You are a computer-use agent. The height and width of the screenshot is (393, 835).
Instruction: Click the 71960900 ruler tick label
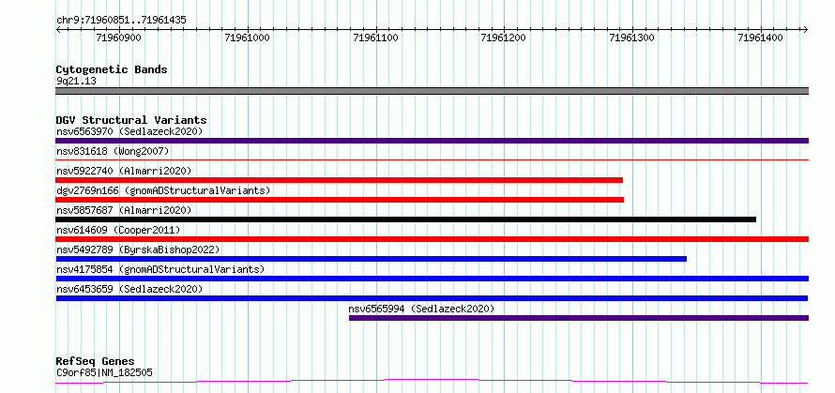(119, 38)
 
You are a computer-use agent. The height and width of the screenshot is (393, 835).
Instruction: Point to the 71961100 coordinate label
(376, 38)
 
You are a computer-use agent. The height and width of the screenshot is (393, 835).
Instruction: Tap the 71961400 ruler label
(761, 38)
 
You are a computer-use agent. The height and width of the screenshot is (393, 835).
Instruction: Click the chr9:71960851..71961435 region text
(121, 21)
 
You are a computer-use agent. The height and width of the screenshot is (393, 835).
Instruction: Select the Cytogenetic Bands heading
(112, 69)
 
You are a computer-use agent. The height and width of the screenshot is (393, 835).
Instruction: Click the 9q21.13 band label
(76, 82)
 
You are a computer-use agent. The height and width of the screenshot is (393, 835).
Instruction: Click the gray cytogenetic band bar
(432, 91)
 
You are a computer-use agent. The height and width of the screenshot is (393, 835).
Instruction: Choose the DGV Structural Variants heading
(131, 120)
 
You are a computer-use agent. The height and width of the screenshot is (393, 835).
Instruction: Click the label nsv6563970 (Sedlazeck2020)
(129, 131)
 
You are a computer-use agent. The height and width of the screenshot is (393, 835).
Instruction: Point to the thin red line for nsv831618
(432, 159)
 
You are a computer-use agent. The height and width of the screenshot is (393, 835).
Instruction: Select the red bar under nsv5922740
(340, 180)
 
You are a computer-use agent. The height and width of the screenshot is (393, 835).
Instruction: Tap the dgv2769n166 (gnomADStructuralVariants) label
(163, 190)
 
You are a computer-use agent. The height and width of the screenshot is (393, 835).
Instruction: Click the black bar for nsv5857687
(406, 219)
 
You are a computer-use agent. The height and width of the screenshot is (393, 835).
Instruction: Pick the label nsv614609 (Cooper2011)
(118, 230)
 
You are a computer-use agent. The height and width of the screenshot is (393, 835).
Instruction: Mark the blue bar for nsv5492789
(372, 259)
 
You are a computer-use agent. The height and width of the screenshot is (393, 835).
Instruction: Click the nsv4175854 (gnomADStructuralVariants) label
(160, 269)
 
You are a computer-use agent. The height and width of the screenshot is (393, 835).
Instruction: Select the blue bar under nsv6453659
(432, 298)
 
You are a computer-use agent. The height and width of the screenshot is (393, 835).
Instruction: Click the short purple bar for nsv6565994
(579, 318)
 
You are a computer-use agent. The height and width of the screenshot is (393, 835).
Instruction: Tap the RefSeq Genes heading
(95, 362)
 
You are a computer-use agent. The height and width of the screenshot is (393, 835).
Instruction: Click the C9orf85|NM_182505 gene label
(104, 372)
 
